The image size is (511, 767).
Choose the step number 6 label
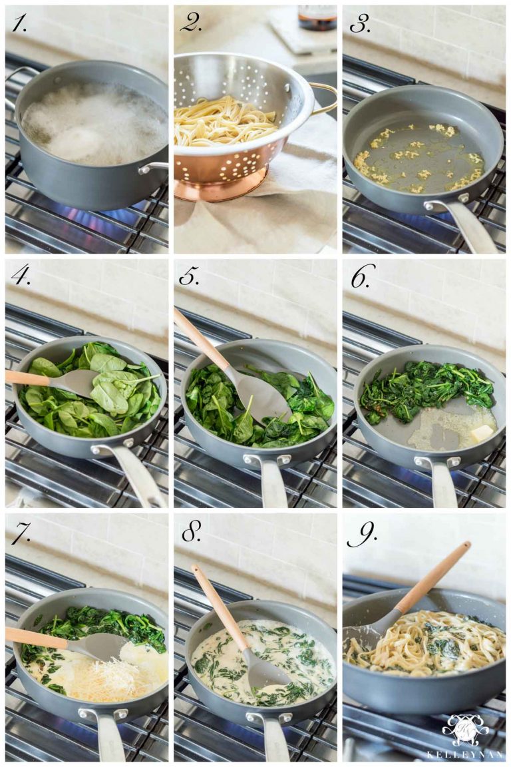(360, 276)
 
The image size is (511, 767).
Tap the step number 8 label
(191, 531)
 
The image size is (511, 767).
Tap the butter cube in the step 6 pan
(482, 433)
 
